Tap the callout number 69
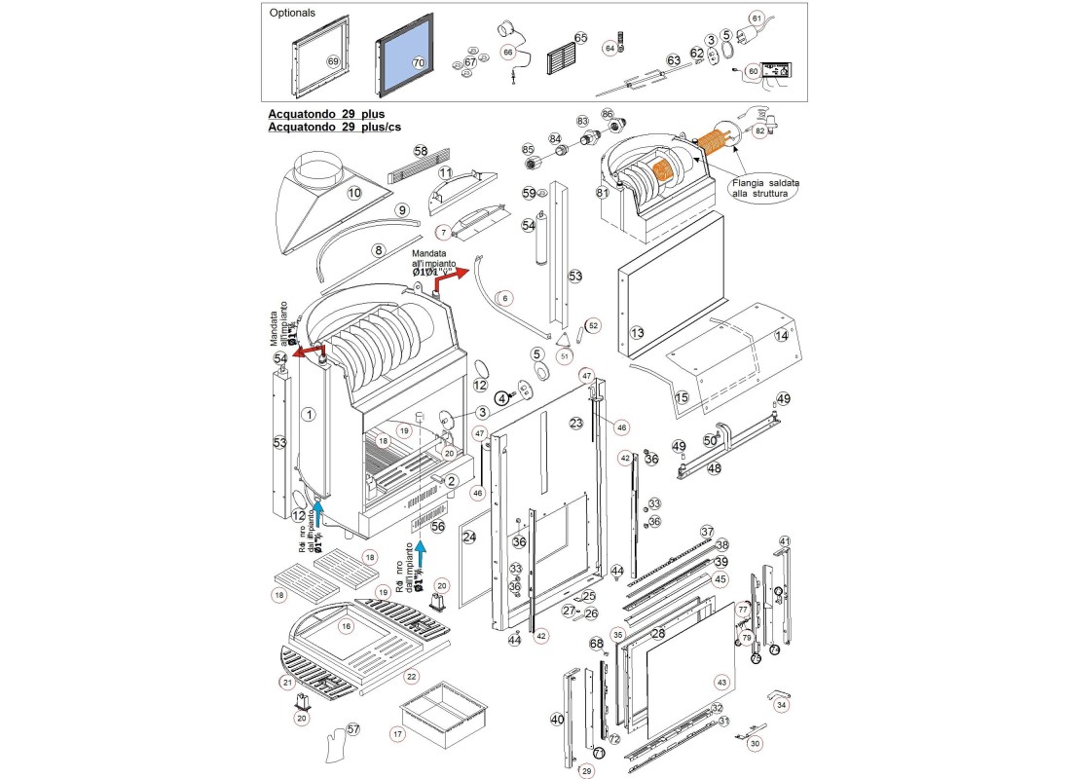[333, 61]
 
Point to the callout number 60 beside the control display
[753, 71]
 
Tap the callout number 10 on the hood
[354, 193]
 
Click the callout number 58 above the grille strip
[421, 152]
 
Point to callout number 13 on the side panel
[638, 333]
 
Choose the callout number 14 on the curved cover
[781, 336]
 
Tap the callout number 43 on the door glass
[721, 682]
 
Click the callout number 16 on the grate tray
[345, 627]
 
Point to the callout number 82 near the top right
[760, 130]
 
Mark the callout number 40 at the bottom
[557, 720]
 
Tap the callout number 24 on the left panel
[468, 537]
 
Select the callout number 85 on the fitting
[529, 150]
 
